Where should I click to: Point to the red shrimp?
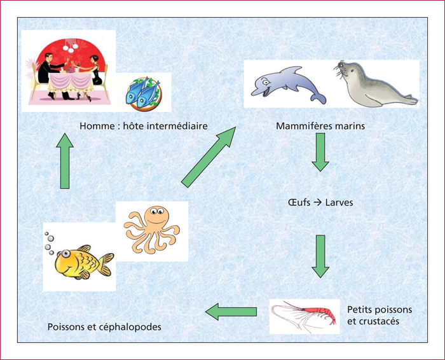(305, 316)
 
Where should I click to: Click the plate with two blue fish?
(143, 93)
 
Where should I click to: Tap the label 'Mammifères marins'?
(320, 126)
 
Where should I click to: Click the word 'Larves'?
(339, 202)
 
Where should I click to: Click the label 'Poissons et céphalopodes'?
(104, 327)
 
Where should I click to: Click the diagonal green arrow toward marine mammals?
(209, 157)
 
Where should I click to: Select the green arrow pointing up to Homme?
(65, 161)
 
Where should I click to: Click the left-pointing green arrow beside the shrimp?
(231, 312)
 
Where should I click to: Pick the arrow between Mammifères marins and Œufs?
(320, 152)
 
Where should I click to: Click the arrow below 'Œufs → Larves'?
(320, 256)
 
